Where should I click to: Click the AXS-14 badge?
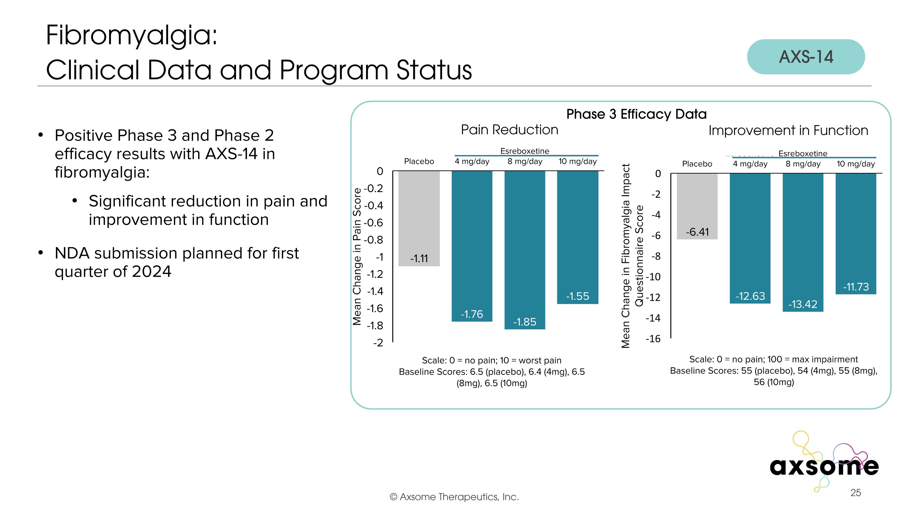(x=806, y=57)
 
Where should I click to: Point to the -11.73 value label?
(x=856, y=287)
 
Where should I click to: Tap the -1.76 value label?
(x=472, y=314)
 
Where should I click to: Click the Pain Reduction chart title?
(x=509, y=130)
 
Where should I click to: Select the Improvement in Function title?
(x=788, y=131)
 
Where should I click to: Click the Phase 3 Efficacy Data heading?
(x=636, y=114)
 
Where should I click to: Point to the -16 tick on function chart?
(x=653, y=339)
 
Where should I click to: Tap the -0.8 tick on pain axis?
(x=373, y=240)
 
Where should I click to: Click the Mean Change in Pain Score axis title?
(x=357, y=256)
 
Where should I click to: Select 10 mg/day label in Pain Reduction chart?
(x=577, y=161)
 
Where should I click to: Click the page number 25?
(x=855, y=493)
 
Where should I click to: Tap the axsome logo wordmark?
(x=824, y=466)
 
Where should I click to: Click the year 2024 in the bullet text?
(x=151, y=271)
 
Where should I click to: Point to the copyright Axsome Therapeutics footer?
(x=454, y=497)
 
